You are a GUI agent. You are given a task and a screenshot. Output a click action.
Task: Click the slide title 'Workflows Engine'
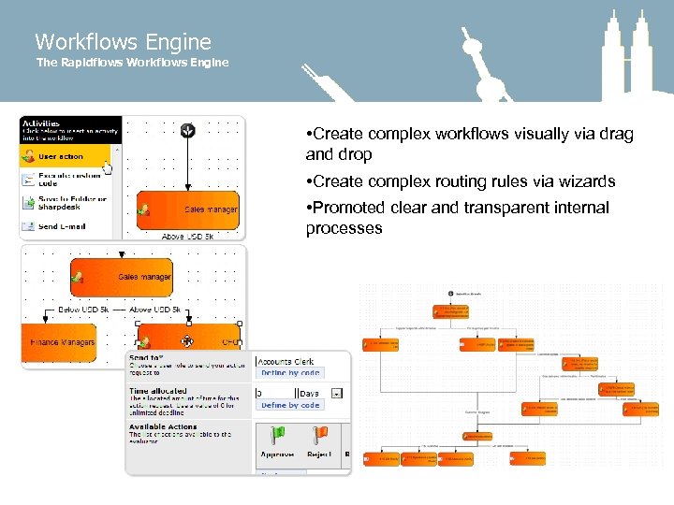click(123, 42)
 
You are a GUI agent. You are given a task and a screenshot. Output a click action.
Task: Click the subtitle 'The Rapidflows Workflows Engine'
click(132, 63)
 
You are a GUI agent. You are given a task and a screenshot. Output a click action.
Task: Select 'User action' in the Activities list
click(61, 157)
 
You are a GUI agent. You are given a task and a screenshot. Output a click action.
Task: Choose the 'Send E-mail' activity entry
click(64, 226)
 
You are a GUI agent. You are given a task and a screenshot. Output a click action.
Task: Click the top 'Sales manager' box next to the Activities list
click(188, 210)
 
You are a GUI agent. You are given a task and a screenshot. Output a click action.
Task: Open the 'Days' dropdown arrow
click(337, 394)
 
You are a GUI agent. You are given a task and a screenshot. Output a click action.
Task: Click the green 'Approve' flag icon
click(277, 436)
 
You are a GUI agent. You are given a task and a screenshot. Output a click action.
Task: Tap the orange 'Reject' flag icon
click(319, 436)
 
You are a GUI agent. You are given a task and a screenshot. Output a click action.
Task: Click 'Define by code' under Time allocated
click(290, 406)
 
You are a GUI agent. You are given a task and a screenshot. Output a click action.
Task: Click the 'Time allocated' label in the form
click(158, 391)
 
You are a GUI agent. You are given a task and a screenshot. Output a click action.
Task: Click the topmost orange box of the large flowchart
click(449, 310)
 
